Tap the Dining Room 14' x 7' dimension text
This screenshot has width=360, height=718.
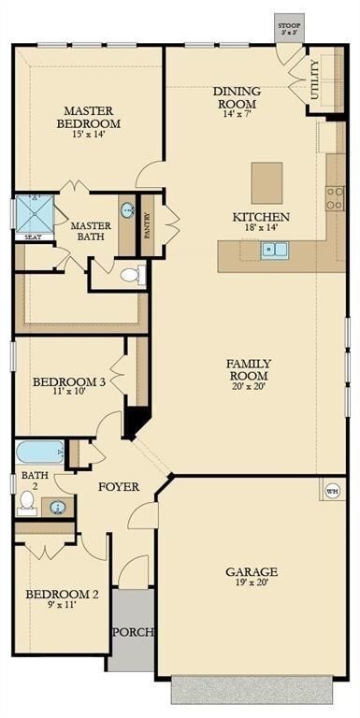[237, 114]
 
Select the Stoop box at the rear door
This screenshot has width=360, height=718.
[290, 28]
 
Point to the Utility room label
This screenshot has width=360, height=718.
[315, 79]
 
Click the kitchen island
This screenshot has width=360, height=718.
[266, 183]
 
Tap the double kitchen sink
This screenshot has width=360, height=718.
[275, 250]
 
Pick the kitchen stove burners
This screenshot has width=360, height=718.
[335, 199]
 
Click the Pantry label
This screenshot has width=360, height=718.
[147, 225]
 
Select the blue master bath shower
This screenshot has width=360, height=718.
[35, 214]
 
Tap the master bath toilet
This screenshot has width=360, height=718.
[133, 276]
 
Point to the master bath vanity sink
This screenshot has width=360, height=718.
[127, 211]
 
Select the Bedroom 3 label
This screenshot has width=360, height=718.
[69, 381]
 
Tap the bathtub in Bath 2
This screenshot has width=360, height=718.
[40, 452]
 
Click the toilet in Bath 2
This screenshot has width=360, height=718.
[27, 503]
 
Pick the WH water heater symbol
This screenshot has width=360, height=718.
[333, 491]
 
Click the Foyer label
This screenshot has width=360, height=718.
[119, 487]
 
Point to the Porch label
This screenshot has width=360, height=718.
[134, 632]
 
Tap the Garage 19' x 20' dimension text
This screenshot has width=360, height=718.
[252, 583]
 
